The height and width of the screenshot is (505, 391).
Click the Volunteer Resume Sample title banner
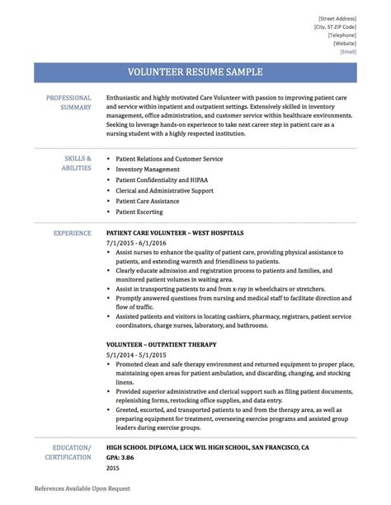[195, 72]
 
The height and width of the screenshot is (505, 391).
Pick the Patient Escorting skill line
[139, 212]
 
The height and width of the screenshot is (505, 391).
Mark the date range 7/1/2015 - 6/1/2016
[136, 244]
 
